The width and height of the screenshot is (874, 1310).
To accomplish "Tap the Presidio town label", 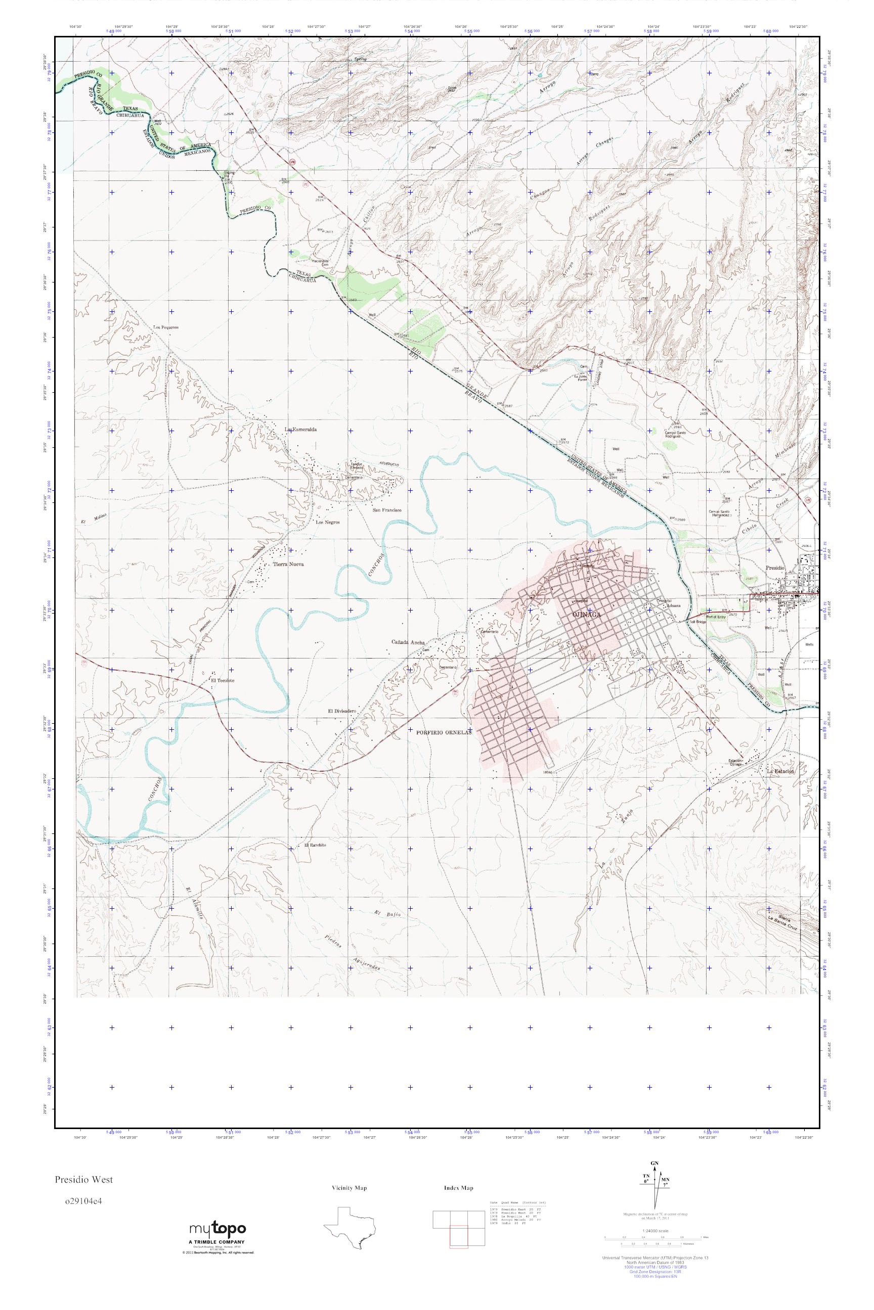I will (774, 568).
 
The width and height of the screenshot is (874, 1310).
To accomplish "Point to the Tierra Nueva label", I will (288, 564).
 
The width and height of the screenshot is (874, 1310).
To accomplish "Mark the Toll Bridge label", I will (698, 622).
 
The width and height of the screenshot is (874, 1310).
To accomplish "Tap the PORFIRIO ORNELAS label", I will (444, 733).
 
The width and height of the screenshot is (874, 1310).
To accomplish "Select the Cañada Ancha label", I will (408, 642).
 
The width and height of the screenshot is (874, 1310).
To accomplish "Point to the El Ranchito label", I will (315, 845).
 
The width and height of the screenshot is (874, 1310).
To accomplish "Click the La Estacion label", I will (780, 771).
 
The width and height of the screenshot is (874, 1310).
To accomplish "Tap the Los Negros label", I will (328, 523).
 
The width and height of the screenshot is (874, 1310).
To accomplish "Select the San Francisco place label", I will (387, 509).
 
